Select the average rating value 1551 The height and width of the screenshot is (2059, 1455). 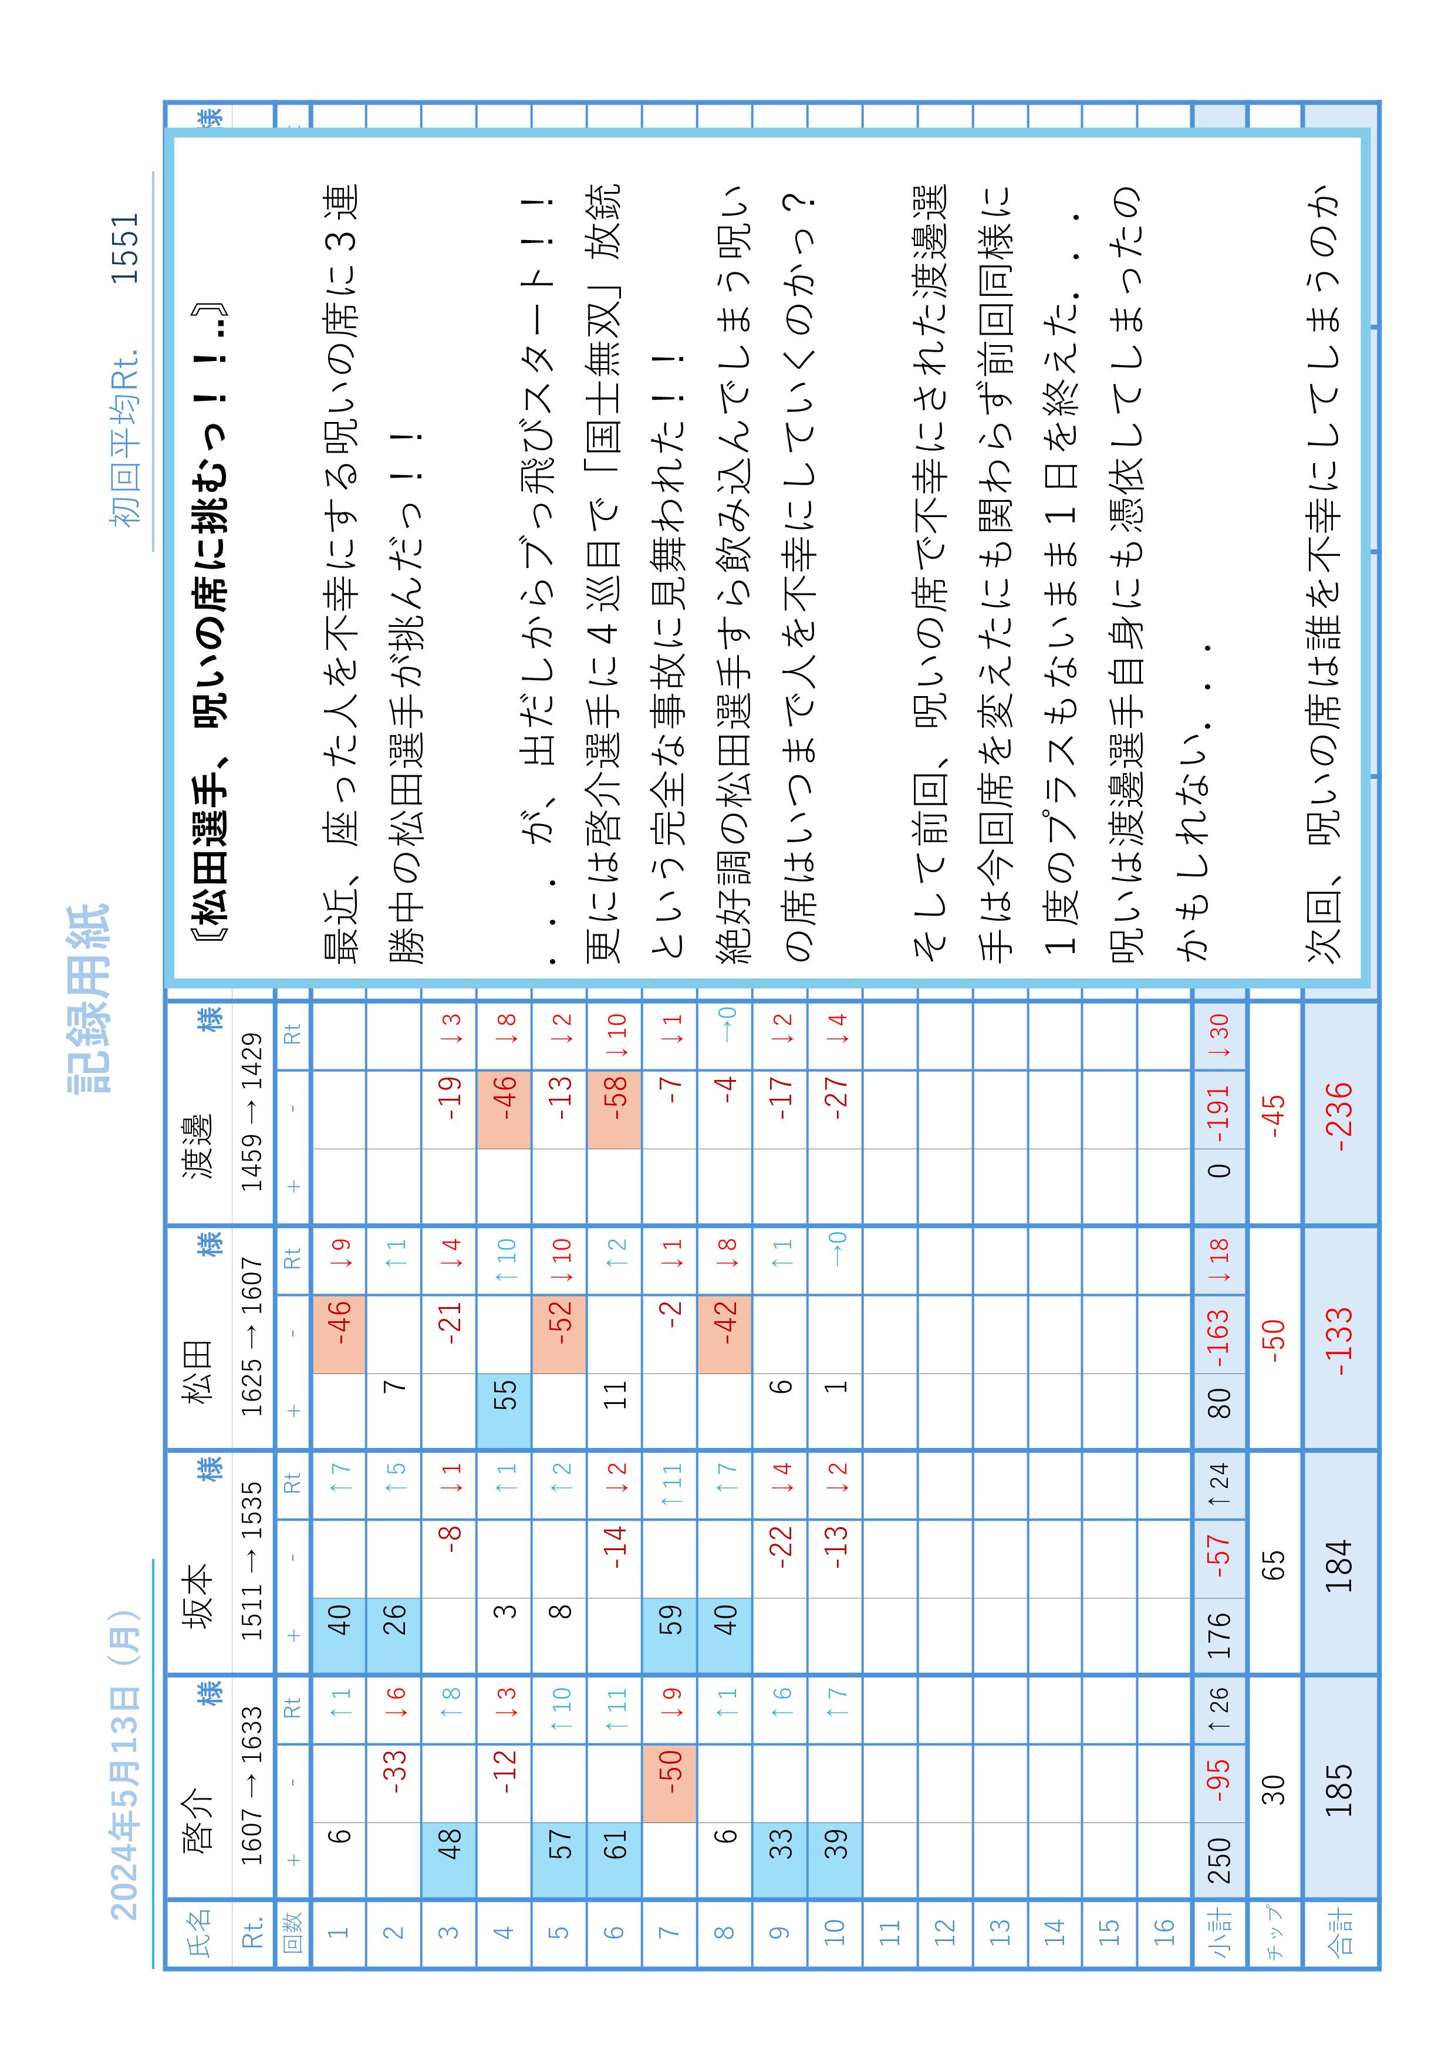[126, 248]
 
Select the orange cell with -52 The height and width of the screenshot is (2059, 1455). [559, 1334]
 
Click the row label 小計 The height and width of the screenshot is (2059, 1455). [1219, 1935]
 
